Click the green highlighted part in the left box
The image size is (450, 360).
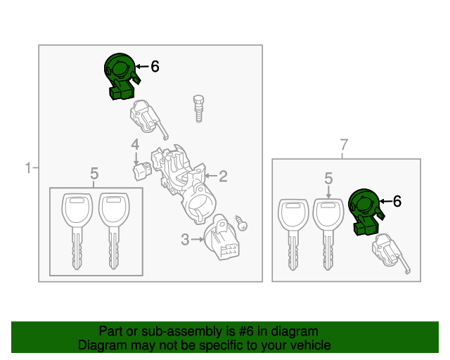[x=120, y=76]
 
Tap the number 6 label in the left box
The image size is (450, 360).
[x=155, y=67]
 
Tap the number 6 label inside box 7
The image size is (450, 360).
[x=397, y=201]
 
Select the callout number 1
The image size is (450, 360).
[x=28, y=168]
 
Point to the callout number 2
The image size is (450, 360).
[x=223, y=176]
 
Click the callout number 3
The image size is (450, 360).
[x=185, y=240]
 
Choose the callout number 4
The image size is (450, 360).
[x=135, y=144]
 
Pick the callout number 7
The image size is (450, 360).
[x=344, y=145]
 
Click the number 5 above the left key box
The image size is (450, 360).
[x=94, y=174]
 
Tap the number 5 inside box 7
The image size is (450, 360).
[x=328, y=179]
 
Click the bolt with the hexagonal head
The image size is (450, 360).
[x=198, y=108]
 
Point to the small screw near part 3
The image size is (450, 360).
[x=241, y=223]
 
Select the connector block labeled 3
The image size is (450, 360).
[x=221, y=238]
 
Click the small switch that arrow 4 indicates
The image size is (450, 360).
[x=141, y=172]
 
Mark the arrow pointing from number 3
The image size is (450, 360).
[x=198, y=239]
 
